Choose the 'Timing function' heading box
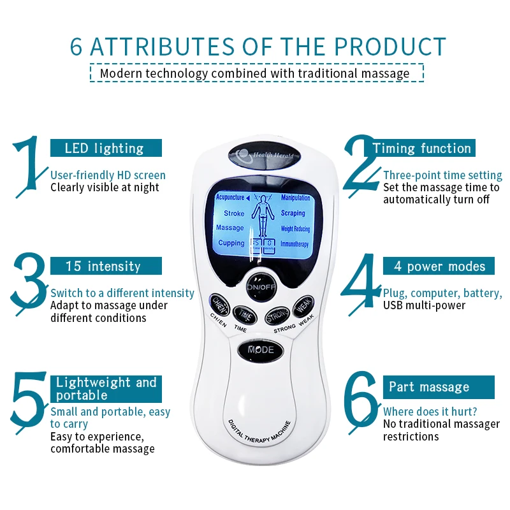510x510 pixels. tap(422, 149)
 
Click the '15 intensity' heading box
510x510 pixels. tap(105, 266)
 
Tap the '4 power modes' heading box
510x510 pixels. tap(439, 266)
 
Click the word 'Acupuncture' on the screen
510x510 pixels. tap(231, 198)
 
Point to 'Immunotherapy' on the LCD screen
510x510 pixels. tap(295, 244)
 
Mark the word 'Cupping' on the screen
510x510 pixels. tap(231, 243)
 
